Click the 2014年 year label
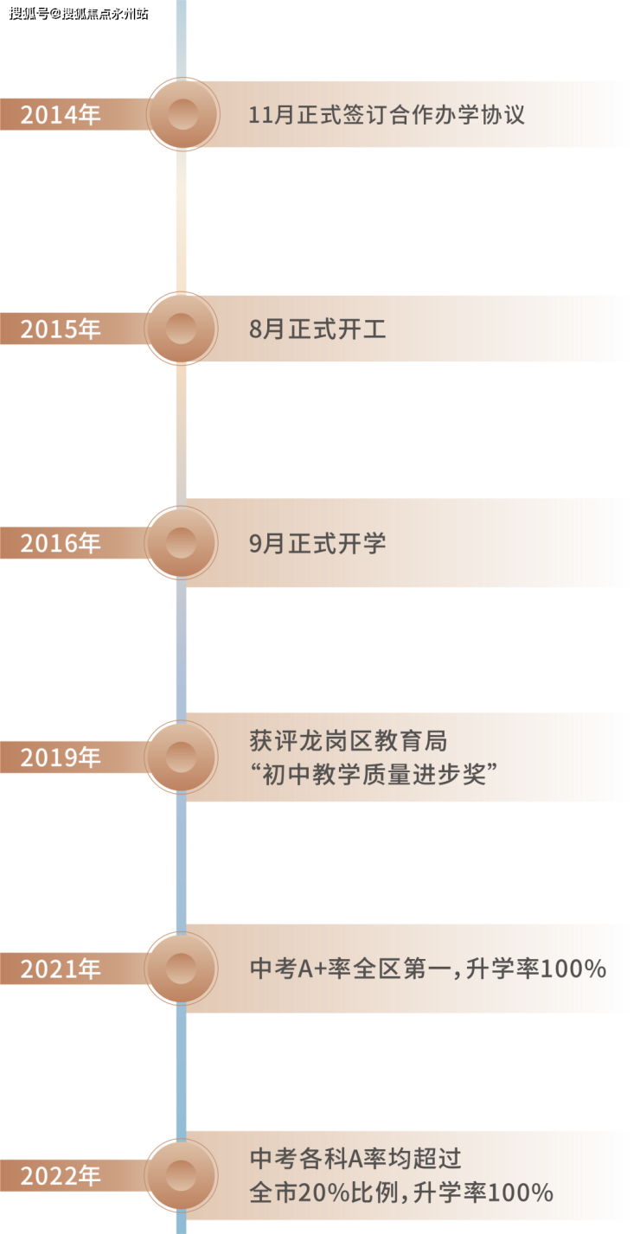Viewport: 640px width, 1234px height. (x=60, y=115)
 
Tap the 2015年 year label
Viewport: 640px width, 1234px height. (x=60, y=329)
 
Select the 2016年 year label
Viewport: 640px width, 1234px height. (x=60, y=543)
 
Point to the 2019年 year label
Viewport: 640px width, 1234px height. (x=60, y=758)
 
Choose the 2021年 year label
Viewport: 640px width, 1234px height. (x=60, y=969)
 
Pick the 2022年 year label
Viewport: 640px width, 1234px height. (x=60, y=1176)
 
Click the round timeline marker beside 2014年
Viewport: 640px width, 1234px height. (x=182, y=115)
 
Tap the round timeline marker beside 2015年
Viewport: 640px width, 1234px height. (x=182, y=329)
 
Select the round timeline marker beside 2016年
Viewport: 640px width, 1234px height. (x=182, y=543)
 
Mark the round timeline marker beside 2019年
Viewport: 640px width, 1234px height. (x=182, y=758)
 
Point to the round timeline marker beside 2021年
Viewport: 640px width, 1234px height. (x=182, y=969)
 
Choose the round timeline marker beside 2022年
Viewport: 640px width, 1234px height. (x=182, y=1176)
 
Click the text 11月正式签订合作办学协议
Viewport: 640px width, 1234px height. (x=387, y=115)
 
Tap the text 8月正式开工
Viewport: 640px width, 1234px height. (x=317, y=329)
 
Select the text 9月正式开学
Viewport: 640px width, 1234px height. (x=317, y=543)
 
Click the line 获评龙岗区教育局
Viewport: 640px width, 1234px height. (x=348, y=741)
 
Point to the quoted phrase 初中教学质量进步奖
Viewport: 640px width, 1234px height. (x=374, y=775)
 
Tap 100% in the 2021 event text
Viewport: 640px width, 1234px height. (x=573, y=969)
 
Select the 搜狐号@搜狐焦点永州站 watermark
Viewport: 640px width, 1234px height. (x=79, y=13)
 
